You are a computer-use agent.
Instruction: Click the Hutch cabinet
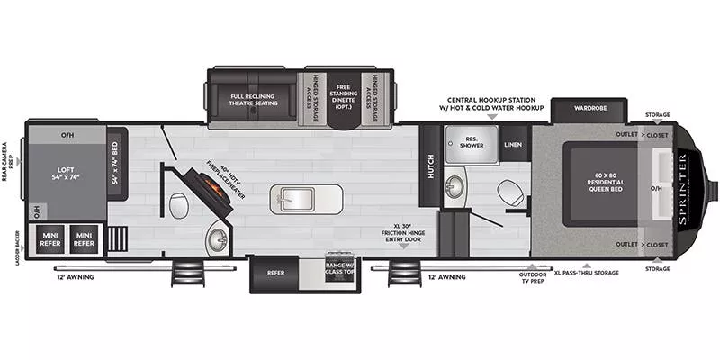[x=431, y=164]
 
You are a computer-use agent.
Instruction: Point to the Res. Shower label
[x=475, y=142]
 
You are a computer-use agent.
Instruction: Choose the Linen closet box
[x=513, y=144]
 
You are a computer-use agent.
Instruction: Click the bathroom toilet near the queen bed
[x=509, y=192]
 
